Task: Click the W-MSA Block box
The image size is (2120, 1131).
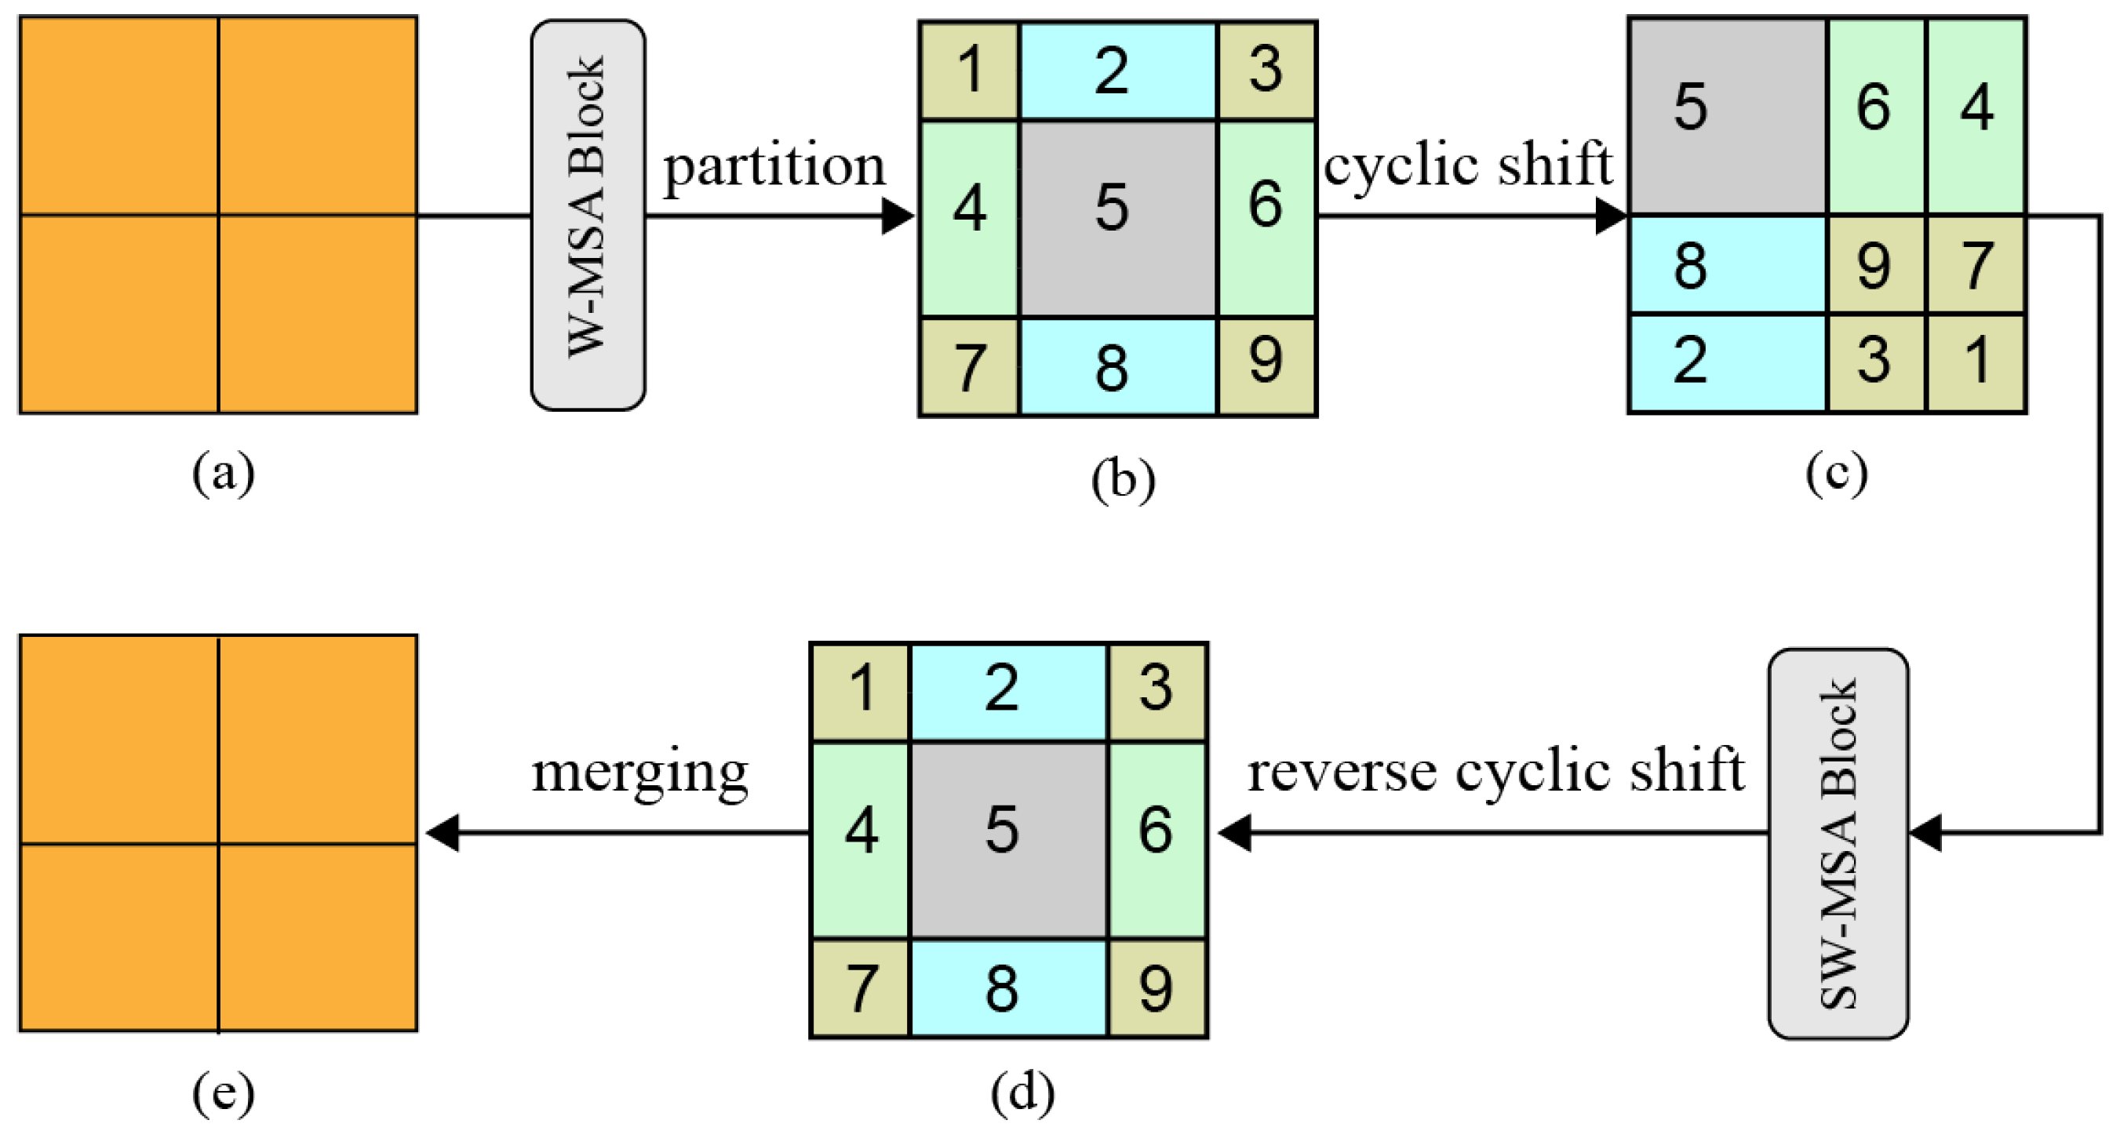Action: click(588, 215)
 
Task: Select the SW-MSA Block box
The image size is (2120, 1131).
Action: click(1838, 843)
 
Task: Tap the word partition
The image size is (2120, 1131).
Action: click(774, 165)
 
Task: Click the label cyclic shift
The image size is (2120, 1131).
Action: click(1467, 164)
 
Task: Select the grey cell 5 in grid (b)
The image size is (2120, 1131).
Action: click(1116, 218)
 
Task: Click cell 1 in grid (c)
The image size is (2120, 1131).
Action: click(1976, 362)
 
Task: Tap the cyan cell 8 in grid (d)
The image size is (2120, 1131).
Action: click(1008, 987)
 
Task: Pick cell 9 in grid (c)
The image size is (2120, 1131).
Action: click(1875, 266)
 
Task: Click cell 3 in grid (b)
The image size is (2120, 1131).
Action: click(1266, 71)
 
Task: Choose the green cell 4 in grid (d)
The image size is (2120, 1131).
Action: click(861, 839)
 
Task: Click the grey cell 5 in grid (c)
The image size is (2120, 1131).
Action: click(1727, 115)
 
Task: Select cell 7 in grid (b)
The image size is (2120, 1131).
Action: click(970, 366)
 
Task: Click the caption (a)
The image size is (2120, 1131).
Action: click(223, 475)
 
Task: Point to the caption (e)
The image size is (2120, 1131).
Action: click(223, 1094)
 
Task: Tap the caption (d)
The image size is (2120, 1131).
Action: click(1022, 1094)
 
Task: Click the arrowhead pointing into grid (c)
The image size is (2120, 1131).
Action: click(1610, 216)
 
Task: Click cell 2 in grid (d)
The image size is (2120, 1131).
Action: click(1008, 691)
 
